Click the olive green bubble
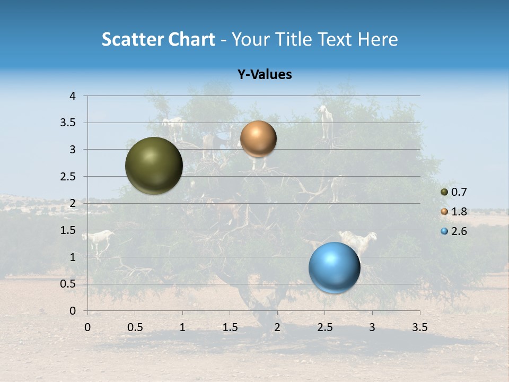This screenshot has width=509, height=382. (x=154, y=166)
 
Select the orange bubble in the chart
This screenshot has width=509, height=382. (x=258, y=138)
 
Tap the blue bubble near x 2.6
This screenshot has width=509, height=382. (x=334, y=267)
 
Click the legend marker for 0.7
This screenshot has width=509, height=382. (x=444, y=192)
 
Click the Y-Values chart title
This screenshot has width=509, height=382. (x=265, y=75)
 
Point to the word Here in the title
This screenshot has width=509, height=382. (x=378, y=39)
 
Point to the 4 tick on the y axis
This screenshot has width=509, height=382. (x=73, y=96)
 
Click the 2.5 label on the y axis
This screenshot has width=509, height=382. (x=67, y=177)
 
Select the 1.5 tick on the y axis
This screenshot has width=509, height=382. (x=67, y=230)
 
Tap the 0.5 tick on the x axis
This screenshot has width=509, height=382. (x=135, y=327)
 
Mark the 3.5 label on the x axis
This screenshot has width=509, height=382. (x=419, y=327)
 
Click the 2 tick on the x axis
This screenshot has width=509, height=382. (x=277, y=327)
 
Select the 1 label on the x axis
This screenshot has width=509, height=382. (x=182, y=327)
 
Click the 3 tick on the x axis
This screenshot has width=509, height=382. (x=372, y=327)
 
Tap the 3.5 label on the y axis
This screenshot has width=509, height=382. (x=67, y=123)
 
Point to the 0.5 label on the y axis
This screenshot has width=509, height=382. (x=67, y=284)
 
